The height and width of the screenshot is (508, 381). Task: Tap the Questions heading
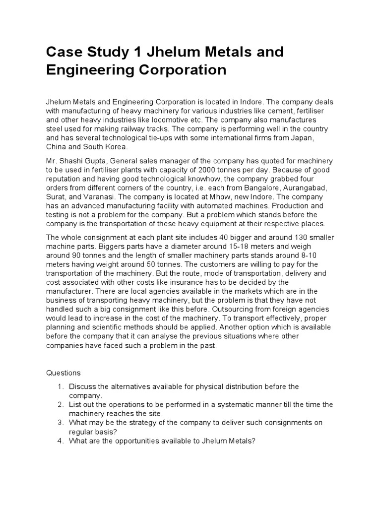pyautogui.click(x=63, y=372)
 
